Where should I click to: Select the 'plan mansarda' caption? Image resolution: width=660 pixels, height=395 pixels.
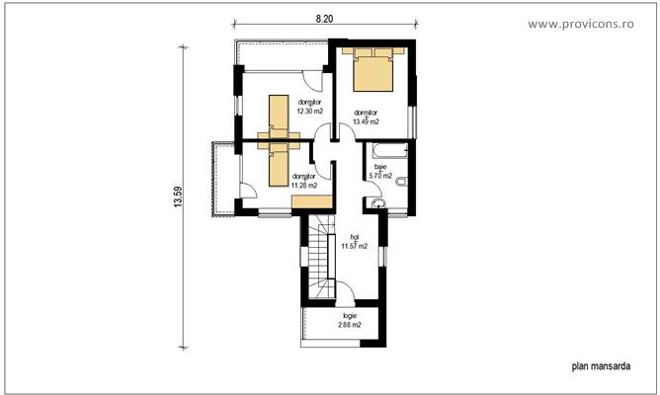[602, 365]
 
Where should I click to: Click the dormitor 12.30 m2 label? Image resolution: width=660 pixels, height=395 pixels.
[309, 107]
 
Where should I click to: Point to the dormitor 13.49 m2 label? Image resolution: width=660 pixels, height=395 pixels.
[366, 118]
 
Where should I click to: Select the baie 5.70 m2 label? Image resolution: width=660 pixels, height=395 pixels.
[380, 173]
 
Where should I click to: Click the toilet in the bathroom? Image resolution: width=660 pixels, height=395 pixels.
[400, 183]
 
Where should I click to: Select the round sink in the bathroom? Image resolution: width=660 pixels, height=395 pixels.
[378, 202]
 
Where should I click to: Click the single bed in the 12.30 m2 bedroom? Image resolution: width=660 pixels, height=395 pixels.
[278, 118]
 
